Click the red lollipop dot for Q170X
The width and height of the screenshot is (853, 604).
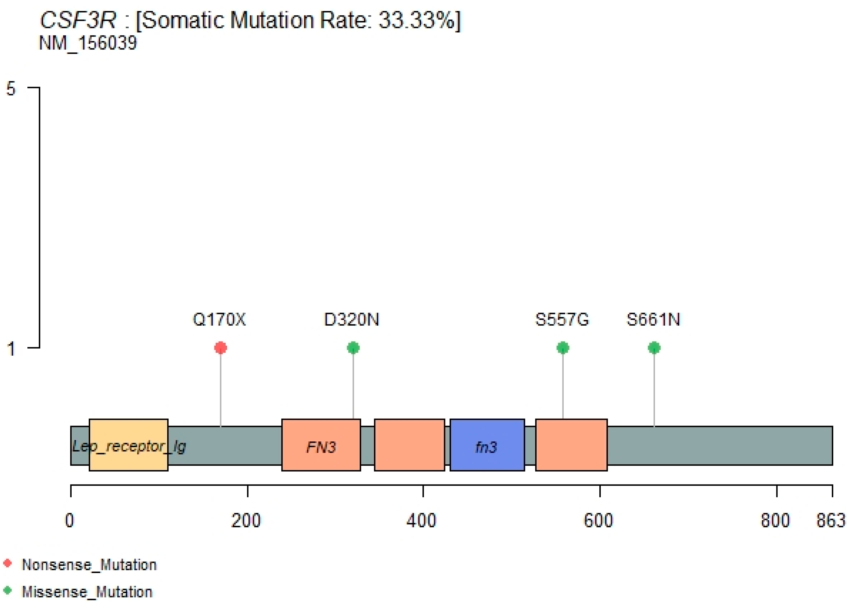click(221, 348)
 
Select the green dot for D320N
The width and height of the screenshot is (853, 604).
click(353, 348)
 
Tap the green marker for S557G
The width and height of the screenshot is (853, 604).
click(563, 348)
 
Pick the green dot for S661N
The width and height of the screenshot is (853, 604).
click(654, 348)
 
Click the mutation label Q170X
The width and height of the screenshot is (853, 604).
click(219, 319)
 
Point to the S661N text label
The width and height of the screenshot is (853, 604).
click(653, 319)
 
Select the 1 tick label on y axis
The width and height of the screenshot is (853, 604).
click(11, 349)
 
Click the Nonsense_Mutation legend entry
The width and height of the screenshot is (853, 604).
click(89, 565)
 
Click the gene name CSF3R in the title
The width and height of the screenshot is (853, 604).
click(78, 20)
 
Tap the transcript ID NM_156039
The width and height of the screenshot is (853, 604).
click(88, 43)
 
